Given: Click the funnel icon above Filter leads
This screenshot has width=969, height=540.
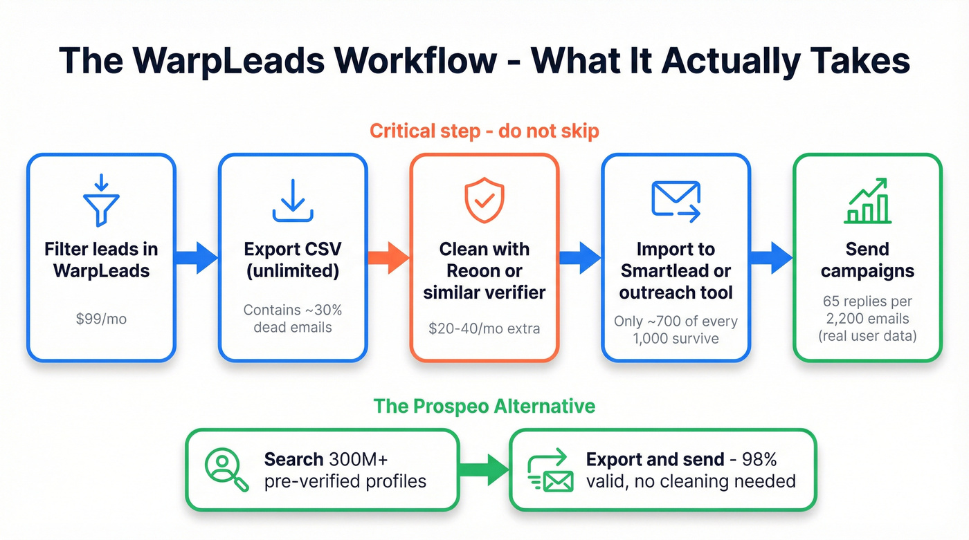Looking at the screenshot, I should (x=101, y=200).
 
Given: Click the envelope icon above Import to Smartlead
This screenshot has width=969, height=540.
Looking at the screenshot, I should (x=676, y=201).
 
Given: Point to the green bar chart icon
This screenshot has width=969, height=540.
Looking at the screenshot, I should (x=867, y=201).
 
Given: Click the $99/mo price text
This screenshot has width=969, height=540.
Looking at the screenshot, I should (x=101, y=319).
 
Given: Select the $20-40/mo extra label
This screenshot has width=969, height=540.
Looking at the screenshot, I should (x=484, y=328).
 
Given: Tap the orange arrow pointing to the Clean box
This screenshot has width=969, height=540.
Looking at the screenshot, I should (x=389, y=258).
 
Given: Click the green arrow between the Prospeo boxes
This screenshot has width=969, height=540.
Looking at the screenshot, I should (x=484, y=470).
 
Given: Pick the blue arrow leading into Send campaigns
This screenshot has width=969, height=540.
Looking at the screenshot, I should (x=772, y=258).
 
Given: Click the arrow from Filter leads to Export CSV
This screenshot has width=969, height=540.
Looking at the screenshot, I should (x=197, y=258).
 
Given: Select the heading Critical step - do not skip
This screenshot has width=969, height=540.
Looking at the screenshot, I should (x=484, y=131).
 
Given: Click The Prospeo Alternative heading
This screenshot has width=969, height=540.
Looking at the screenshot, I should (x=484, y=405).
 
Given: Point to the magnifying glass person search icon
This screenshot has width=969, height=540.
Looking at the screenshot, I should (x=227, y=470).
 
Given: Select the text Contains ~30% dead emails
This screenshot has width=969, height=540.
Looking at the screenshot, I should (x=293, y=319).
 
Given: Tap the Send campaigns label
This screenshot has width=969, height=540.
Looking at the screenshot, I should (x=867, y=259).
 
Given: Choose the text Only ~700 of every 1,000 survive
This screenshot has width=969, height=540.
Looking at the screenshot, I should (x=676, y=330).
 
